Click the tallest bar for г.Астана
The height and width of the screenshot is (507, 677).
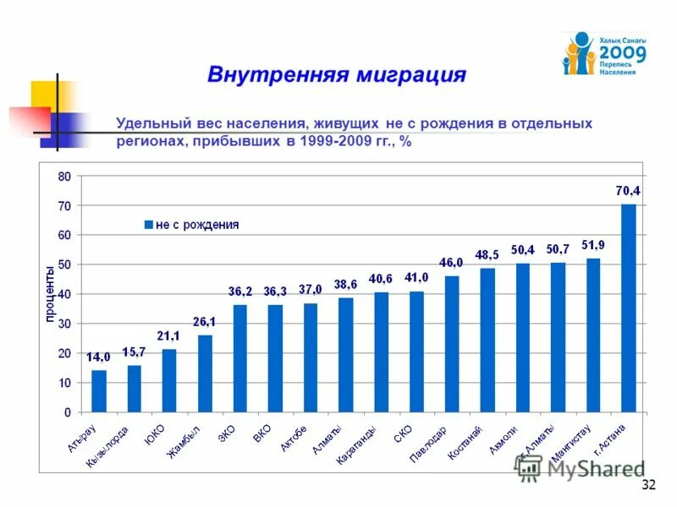(x=628, y=308)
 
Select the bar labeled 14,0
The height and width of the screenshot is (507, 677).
(x=99, y=391)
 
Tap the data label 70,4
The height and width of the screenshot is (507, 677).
(x=628, y=191)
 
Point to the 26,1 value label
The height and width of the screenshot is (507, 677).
(x=205, y=322)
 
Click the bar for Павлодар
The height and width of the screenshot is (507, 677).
(x=452, y=344)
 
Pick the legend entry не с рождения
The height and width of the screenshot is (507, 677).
(x=196, y=225)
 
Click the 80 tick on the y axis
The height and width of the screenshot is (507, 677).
(x=64, y=177)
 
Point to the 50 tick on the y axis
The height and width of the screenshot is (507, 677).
(x=64, y=265)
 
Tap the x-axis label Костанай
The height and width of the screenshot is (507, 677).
(x=466, y=442)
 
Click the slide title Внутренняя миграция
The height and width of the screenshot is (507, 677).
(x=337, y=74)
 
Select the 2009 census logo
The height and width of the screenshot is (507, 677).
(x=604, y=53)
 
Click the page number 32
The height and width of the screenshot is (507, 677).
(x=649, y=484)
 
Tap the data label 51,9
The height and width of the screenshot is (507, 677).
(x=593, y=245)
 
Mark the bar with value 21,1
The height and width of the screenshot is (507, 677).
(x=169, y=380)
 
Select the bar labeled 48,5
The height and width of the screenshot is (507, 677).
(x=487, y=340)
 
